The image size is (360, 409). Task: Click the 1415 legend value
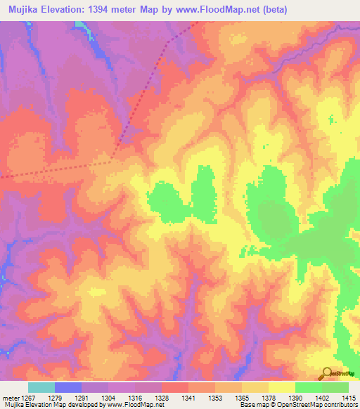(x=349, y=398)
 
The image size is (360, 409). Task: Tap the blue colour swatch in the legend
(x=68, y=387)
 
